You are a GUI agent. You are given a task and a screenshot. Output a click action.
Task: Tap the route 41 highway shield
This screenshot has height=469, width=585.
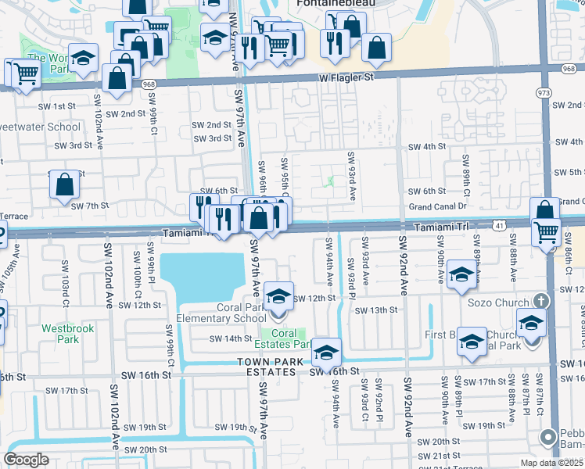click(x=498, y=225)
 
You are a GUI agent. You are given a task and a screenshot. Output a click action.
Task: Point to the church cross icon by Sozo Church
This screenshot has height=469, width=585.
click(x=539, y=301)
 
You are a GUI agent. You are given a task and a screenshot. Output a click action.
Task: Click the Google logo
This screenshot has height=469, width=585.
click(x=26, y=460)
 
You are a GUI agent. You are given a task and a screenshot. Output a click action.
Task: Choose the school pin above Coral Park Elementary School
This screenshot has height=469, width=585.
click(x=277, y=298)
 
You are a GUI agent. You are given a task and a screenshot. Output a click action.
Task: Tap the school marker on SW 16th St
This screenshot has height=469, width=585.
click(x=326, y=354)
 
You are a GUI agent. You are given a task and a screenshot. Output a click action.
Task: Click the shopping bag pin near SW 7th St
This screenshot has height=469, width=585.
click(x=65, y=187)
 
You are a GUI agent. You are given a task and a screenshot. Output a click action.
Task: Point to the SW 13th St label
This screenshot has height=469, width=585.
click(x=376, y=310)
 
